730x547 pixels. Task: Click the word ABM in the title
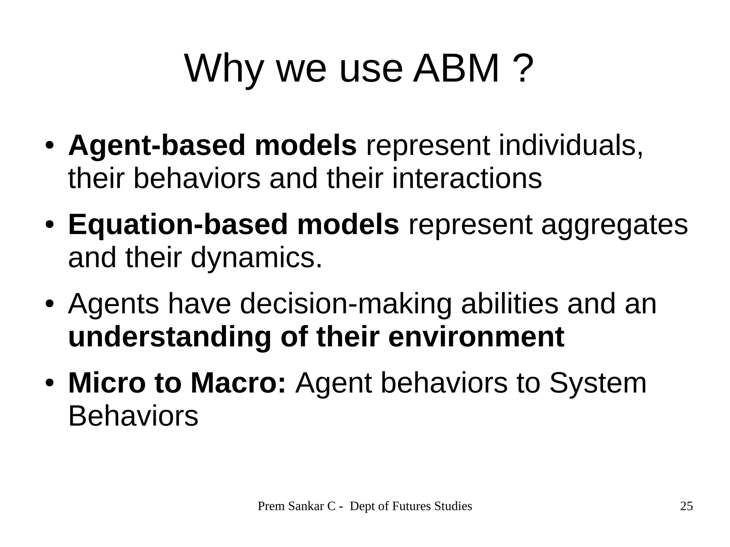coord(456,68)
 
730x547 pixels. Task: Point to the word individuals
coord(570,145)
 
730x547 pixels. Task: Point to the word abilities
coord(510,304)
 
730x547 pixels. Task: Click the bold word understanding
coord(169,337)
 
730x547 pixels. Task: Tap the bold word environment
coord(476,337)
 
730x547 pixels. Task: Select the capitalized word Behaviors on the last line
coord(133,416)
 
